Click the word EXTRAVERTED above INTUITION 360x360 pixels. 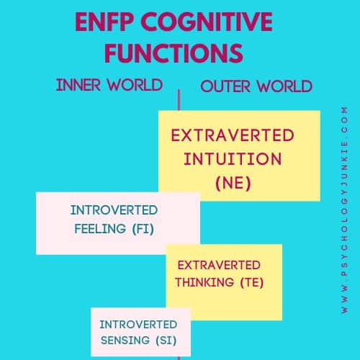[x=233, y=135]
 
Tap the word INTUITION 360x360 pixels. [x=233, y=159]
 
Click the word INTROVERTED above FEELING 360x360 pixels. [x=114, y=210]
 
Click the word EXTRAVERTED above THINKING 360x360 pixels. [x=219, y=265]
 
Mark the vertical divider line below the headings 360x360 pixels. [x=179, y=100]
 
